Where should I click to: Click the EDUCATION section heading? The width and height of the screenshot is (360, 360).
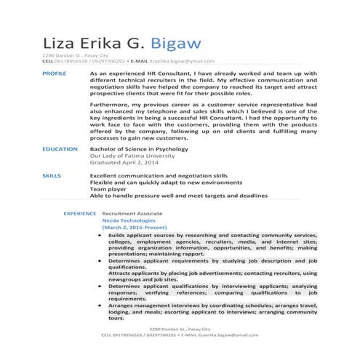(60, 149)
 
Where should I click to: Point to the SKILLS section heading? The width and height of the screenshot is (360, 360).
(52, 176)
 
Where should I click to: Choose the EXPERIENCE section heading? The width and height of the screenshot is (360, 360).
(80, 214)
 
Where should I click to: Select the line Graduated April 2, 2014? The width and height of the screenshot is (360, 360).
(123, 163)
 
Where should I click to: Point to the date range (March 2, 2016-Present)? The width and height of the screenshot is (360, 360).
(135, 228)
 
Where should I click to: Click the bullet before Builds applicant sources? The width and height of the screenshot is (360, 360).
(99, 236)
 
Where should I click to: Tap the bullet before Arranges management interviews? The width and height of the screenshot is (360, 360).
(99, 305)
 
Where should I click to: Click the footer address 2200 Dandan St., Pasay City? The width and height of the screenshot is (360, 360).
(180, 329)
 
